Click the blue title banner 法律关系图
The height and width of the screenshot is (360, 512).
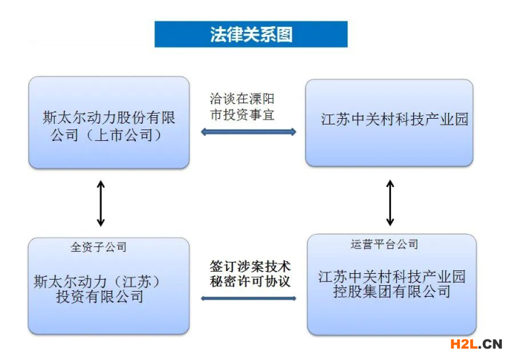click(x=251, y=34)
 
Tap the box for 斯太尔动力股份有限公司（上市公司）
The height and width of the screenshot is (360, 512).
click(x=109, y=122)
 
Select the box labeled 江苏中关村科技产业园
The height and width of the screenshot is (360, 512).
click(x=389, y=122)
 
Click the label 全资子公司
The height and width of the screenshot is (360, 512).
click(x=99, y=247)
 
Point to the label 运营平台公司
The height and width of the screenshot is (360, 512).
click(x=384, y=244)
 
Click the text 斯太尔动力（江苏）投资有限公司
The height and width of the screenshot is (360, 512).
click(x=98, y=289)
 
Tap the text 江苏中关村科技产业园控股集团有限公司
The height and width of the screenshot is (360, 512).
click(x=392, y=284)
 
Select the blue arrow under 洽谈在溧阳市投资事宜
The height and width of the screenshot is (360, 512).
click(x=248, y=132)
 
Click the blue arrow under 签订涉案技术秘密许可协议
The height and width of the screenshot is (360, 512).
click(x=248, y=298)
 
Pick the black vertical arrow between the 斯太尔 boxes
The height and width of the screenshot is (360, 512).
click(x=101, y=203)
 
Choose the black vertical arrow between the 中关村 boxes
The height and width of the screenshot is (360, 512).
click(x=390, y=203)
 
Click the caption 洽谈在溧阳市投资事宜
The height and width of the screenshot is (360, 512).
click(x=242, y=107)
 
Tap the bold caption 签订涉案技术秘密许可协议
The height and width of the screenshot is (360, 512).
click(x=250, y=274)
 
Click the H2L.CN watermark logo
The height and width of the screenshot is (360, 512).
click(x=476, y=344)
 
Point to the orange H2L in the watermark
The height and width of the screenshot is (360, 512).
click(x=464, y=344)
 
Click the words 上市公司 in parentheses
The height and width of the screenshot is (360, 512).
click(x=124, y=135)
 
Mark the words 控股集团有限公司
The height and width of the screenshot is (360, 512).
click(x=392, y=292)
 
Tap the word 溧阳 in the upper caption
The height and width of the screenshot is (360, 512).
click(x=262, y=99)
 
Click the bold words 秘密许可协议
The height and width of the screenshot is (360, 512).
click(x=250, y=281)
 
